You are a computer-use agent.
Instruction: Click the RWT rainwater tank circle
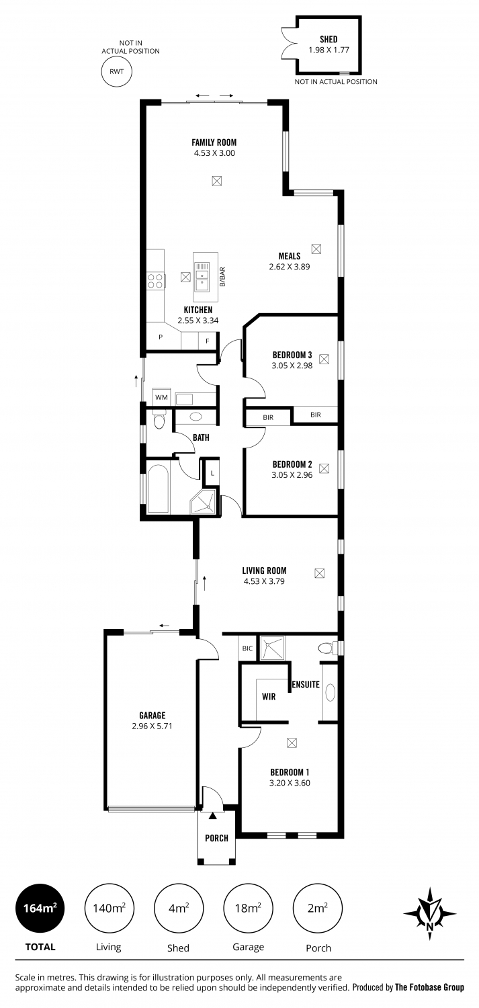click(116, 71)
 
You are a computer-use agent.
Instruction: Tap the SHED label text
click(329, 39)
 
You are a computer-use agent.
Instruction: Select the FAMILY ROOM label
click(214, 142)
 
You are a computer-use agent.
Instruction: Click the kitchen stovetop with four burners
click(155, 281)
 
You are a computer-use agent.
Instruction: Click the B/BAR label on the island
click(222, 277)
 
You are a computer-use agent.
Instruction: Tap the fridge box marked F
click(208, 341)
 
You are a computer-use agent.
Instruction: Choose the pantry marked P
click(161, 337)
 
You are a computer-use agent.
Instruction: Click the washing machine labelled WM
click(161, 397)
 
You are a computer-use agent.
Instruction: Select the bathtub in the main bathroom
click(158, 489)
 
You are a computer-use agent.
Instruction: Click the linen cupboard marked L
click(212, 473)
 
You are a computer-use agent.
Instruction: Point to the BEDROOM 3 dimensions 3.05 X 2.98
click(292, 366)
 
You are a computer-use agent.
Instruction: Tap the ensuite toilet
click(328, 648)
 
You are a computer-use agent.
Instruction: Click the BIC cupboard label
click(247, 648)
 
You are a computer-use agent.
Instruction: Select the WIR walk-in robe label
click(269, 697)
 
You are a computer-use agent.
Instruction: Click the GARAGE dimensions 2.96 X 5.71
click(152, 726)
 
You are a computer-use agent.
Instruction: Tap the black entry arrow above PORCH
click(212, 815)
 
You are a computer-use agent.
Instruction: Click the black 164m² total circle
click(40, 908)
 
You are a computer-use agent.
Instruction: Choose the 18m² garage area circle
click(248, 908)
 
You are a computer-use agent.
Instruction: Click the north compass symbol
click(430, 913)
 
